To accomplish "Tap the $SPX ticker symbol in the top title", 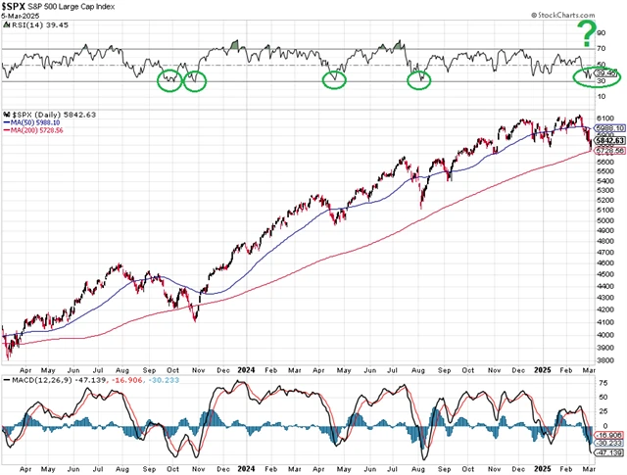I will point(18,6).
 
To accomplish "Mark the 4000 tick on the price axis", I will point(605,335).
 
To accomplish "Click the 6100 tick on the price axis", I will point(605,117).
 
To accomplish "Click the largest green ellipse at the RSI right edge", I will point(598,76).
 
